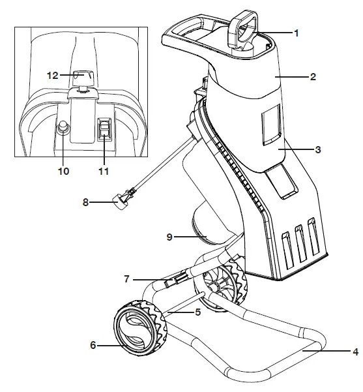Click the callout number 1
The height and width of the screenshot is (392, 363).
tap(297, 33)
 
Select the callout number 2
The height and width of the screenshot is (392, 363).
tap(313, 77)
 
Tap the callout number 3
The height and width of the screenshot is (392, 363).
tap(317, 149)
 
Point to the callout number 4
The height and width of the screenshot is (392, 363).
tap(355, 352)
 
